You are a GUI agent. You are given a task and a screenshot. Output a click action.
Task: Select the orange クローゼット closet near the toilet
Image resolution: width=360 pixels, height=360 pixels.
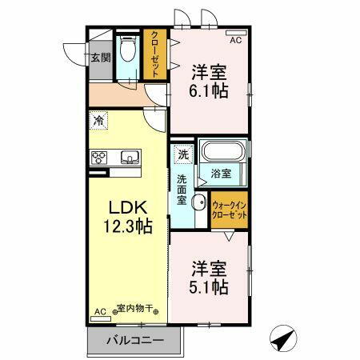click(154, 54)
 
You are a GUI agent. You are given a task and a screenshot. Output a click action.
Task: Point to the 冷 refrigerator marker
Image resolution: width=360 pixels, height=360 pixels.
click(98, 121)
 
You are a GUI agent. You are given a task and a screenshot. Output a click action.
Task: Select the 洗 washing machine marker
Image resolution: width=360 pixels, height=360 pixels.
click(182, 154)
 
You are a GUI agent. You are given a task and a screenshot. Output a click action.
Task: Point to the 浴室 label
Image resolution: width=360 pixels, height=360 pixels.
click(222, 172)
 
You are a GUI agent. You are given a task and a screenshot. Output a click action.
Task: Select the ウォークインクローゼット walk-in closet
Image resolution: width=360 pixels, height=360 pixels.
click(230, 211)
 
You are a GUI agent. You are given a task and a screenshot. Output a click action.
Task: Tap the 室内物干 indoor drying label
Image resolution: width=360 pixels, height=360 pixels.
click(137, 309)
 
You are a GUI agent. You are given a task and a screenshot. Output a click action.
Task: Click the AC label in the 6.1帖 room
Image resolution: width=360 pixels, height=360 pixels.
click(236, 39)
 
